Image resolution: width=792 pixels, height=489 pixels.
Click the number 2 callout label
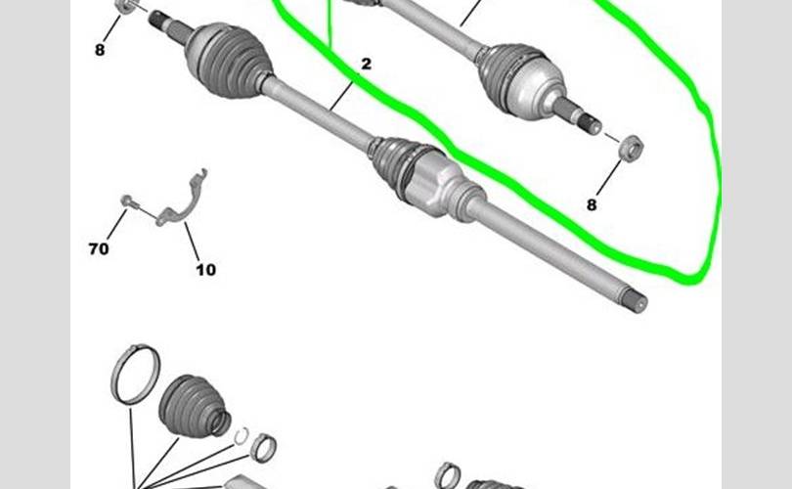click(x=367, y=65)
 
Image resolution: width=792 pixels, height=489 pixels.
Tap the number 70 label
click(x=99, y=248)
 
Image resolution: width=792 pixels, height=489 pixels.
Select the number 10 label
click(x=205, y=270)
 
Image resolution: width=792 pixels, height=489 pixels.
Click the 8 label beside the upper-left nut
click(x=100, y=50)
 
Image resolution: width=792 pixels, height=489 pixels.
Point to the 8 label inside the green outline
click(x=592, y=204)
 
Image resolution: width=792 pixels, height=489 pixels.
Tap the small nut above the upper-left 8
click(x=125, y=6)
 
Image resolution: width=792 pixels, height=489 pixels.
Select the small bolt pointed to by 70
click(x=127, y=201)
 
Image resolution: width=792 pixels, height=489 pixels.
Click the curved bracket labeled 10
click(x=182, y=200)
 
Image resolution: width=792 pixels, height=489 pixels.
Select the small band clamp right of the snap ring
click(x=264, y=448)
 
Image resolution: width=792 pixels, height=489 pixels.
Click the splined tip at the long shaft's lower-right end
click(x=637, y=301)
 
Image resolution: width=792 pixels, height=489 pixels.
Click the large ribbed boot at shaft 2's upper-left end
click(x=228, y=60)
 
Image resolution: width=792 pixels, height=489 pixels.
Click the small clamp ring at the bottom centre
click(x=448, y=476)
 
